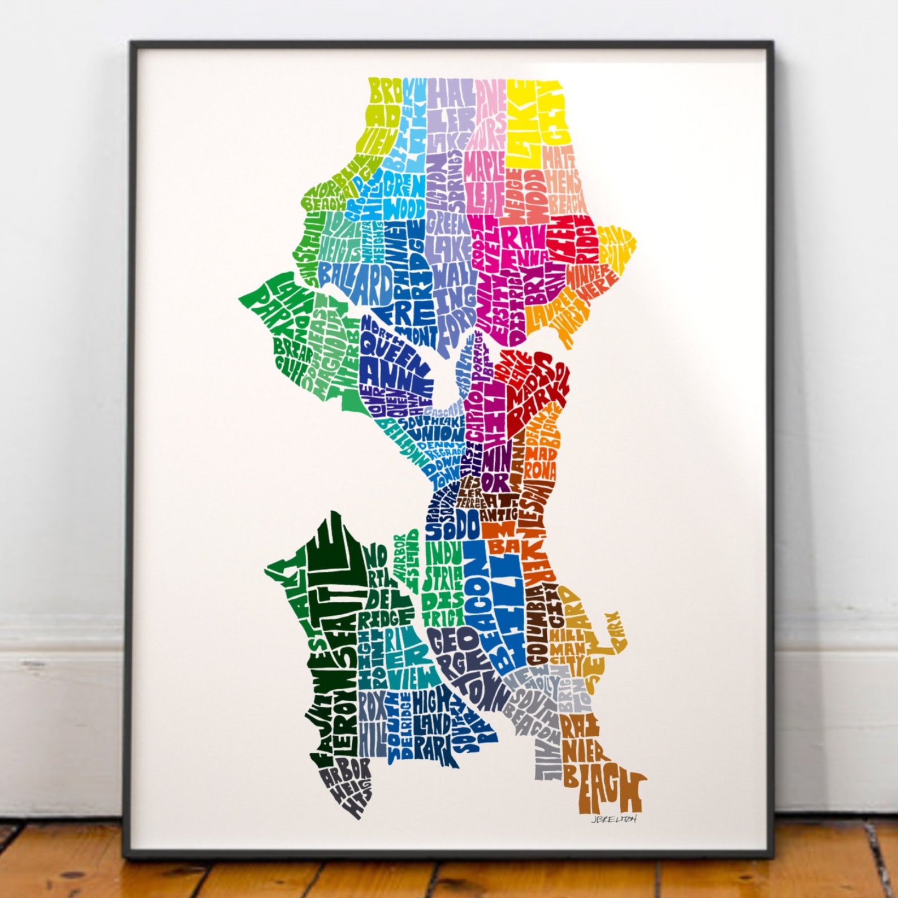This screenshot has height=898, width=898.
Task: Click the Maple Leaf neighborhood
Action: [485, 181]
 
